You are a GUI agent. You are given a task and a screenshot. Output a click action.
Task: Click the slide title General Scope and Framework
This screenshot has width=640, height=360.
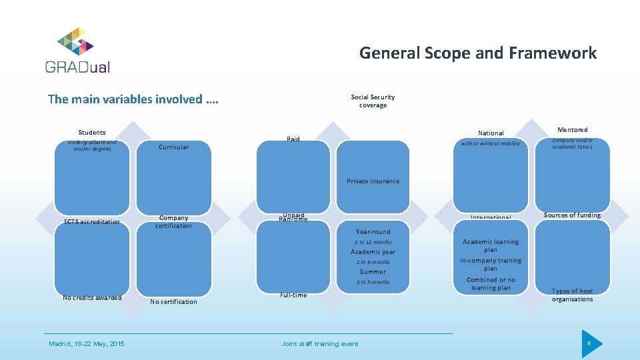(x=478, y=53)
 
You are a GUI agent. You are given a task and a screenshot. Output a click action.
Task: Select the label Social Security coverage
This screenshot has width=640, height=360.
(x=373, y=101)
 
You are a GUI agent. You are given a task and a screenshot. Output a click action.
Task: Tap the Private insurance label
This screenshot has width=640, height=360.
(x=373, y=181)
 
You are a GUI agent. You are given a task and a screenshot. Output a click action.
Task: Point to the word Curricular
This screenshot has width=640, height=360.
(x=173, y=147)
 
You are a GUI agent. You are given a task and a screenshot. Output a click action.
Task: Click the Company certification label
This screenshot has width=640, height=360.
(x=173, y=222)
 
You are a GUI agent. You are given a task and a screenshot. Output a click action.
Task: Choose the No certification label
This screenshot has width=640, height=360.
(x=173, y=302)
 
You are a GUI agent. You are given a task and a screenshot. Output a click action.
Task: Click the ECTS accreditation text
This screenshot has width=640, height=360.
(x=92, y=222)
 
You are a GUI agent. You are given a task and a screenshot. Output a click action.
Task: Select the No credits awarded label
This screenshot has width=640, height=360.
(x=92, y=298)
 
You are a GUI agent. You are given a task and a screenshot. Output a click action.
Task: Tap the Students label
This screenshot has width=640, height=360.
(x=92, y=133)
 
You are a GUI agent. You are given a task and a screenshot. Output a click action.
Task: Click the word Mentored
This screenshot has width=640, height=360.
(x=572, y=130)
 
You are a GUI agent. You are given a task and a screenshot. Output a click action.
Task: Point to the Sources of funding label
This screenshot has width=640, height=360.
(x=572, y=215)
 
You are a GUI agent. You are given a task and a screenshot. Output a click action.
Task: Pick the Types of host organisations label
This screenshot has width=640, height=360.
(x=572, y=295)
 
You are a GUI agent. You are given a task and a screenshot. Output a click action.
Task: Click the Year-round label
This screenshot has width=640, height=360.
(x=373, y=232)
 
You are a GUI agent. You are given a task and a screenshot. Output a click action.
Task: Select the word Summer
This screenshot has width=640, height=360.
(x=373, y=272)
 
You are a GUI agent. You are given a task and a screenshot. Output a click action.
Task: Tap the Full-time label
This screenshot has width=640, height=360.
(x=293, y=295)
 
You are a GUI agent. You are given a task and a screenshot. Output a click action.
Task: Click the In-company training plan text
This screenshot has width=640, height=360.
(x=491, y=264)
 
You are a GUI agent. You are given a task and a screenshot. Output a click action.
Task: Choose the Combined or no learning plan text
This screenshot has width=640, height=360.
(x=491, y=284)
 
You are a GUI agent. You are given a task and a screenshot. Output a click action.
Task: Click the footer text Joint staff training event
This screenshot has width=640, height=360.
(x=320, y=344)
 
